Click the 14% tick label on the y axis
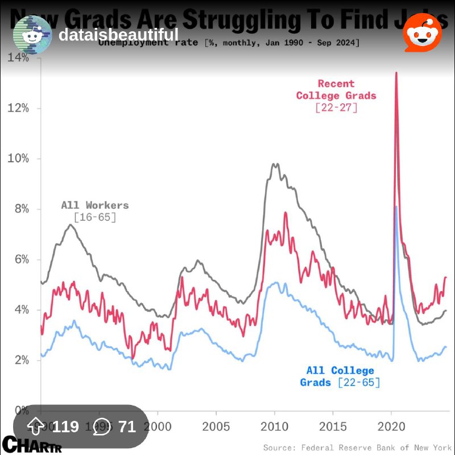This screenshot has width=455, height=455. click(18, 57)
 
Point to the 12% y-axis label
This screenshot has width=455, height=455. click(18, 108)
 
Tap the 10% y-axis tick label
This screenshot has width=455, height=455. click(18, 158)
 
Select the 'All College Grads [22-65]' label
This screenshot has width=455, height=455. click(340, 377)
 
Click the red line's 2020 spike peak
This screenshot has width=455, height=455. click(396, 73)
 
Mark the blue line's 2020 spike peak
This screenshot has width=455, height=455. click(396, 207)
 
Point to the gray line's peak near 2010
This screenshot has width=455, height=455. click(275, 164)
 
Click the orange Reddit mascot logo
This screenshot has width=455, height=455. click(422, 33)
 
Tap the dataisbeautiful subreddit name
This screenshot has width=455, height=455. click(118, 35)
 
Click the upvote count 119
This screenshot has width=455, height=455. click(65, 427)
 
